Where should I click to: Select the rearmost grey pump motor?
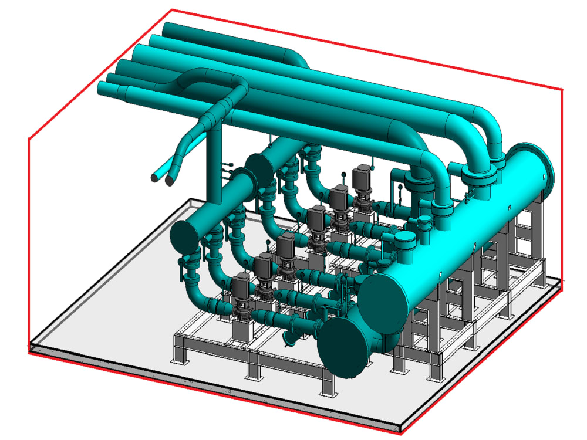[362, 176]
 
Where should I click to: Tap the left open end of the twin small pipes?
[154, 177]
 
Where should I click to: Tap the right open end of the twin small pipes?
[169, 181]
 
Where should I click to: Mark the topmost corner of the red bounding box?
[171, 10]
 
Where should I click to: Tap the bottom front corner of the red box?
[401, 434]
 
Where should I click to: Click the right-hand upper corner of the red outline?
[562, 89]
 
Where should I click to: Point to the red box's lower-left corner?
[29, 351]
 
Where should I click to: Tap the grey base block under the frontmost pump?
[243, 330]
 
